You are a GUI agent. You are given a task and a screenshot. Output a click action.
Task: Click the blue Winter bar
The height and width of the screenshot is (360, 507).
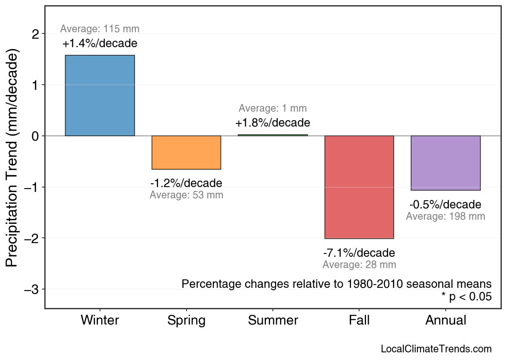point(100,96)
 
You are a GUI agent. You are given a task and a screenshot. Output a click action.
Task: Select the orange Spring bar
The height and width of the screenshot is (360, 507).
point(186,152)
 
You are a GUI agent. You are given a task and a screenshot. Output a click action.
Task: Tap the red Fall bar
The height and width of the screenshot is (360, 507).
point(359,187)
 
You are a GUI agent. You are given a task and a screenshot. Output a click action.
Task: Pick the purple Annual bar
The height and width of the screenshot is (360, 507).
point(446,163)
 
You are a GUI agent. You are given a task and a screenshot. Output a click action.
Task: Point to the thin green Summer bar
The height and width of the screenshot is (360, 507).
point(273,135)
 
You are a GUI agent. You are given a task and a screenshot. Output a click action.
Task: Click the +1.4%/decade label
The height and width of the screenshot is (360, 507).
point(100,43)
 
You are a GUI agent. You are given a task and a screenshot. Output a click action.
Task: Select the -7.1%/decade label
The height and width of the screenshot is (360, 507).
point(359,253)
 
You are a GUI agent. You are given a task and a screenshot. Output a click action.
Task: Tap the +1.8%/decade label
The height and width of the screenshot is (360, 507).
point(273,123)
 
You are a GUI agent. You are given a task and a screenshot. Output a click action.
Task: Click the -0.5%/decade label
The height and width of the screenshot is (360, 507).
point(445,204)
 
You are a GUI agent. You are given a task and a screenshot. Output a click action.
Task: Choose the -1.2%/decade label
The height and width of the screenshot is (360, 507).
point(186,183)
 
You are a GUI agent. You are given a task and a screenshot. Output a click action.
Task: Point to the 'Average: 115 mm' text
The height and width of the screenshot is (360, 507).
point(100,29)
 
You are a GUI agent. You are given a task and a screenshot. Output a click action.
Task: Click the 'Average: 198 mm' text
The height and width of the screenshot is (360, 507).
point(445,216)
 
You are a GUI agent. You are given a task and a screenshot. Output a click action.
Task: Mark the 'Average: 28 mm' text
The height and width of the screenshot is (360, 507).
point(359,265)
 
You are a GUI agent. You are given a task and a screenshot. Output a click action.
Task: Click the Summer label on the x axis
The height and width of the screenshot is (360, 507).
point(273,320)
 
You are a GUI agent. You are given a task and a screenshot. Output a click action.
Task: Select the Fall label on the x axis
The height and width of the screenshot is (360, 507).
point(359,320)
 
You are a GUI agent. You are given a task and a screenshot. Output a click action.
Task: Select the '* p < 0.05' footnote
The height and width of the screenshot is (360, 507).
point(466,297)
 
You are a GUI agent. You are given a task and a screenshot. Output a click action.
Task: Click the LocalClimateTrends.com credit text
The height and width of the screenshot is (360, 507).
point(436,349)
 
